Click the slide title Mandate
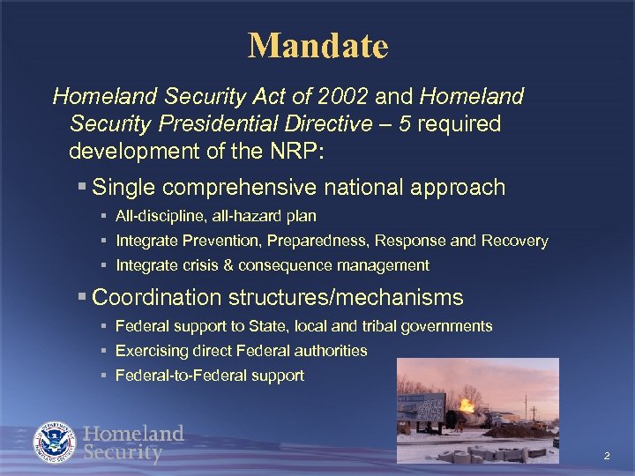[x=317, y=46]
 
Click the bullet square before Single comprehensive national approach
[x=81, y=188]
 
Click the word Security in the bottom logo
[x=123, y=454]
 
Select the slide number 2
[x=607, y=456]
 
